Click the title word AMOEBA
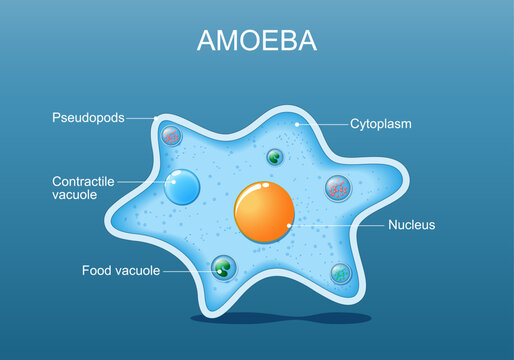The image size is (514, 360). click(257, 41)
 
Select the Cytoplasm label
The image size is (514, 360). click(381, 125)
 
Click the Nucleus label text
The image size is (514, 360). click(411, 226)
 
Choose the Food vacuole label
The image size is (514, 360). click(119, 271)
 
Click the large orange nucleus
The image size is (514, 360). click(264, 211)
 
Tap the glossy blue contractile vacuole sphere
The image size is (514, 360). click(183, 187)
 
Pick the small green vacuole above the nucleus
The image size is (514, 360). click(274, 156)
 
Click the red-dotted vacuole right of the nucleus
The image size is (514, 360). click(338, 187)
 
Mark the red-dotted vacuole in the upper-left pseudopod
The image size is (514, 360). click(172, 136)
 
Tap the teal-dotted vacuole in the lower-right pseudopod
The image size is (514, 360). click(340, 272)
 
